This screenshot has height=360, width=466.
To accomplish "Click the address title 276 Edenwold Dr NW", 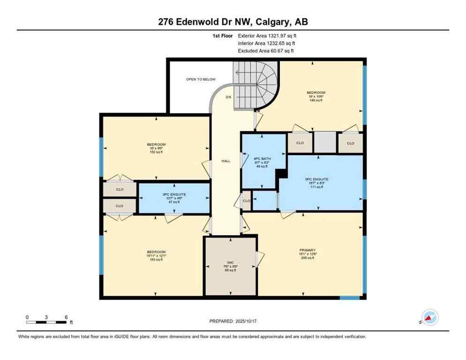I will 233,22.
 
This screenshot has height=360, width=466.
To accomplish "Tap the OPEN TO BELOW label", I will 200,79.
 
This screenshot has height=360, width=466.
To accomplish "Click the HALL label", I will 225,161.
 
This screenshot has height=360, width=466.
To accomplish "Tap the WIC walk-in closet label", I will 231,262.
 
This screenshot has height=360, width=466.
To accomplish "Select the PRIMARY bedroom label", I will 308,250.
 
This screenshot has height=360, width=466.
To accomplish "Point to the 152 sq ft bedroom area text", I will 156,152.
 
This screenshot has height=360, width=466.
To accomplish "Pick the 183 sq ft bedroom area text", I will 156,259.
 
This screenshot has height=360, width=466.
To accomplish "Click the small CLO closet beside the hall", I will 247,201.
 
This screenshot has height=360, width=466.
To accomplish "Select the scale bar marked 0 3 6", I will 47,322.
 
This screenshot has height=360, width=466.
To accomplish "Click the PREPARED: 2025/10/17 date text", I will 233,321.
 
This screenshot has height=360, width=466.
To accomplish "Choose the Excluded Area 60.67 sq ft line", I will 266,51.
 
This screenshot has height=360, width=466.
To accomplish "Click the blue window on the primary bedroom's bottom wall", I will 349,297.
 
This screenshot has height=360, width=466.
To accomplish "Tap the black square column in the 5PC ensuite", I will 281,174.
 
